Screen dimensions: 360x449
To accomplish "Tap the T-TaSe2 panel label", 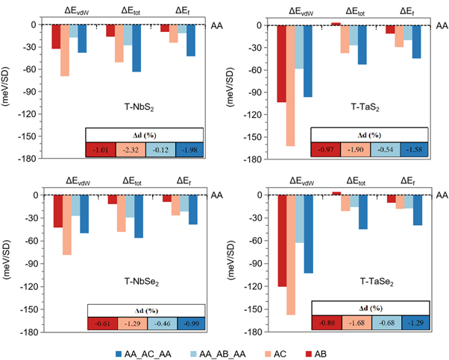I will tap(359, 283).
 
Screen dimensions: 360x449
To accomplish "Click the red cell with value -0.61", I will tap(102, 323).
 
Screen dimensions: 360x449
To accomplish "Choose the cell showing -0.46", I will tap(161, 323).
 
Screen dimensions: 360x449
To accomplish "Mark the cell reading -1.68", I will tap(357, 323).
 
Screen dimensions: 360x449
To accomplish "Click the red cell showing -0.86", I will tap(327, 323).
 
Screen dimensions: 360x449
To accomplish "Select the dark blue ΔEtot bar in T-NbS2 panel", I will tap(136, 48).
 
